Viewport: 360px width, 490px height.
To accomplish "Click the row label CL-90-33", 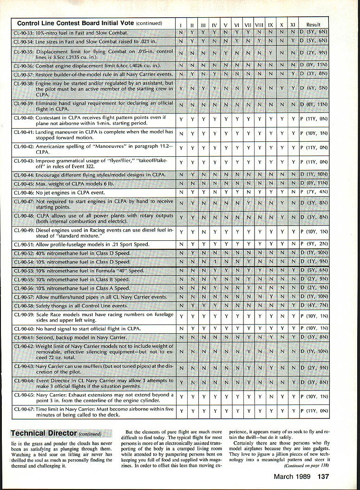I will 23,33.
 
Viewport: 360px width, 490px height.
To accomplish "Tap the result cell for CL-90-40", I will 314,119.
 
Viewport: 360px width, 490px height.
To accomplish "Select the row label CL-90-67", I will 24,409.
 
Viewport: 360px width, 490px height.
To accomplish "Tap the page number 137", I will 323,476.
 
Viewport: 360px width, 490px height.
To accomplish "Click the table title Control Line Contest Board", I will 89,23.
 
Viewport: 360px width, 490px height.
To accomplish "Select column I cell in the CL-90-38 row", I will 180,88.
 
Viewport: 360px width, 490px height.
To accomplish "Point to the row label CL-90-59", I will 24,315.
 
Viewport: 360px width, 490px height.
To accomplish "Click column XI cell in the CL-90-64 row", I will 293,383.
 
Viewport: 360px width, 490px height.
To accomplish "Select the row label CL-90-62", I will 24,346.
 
